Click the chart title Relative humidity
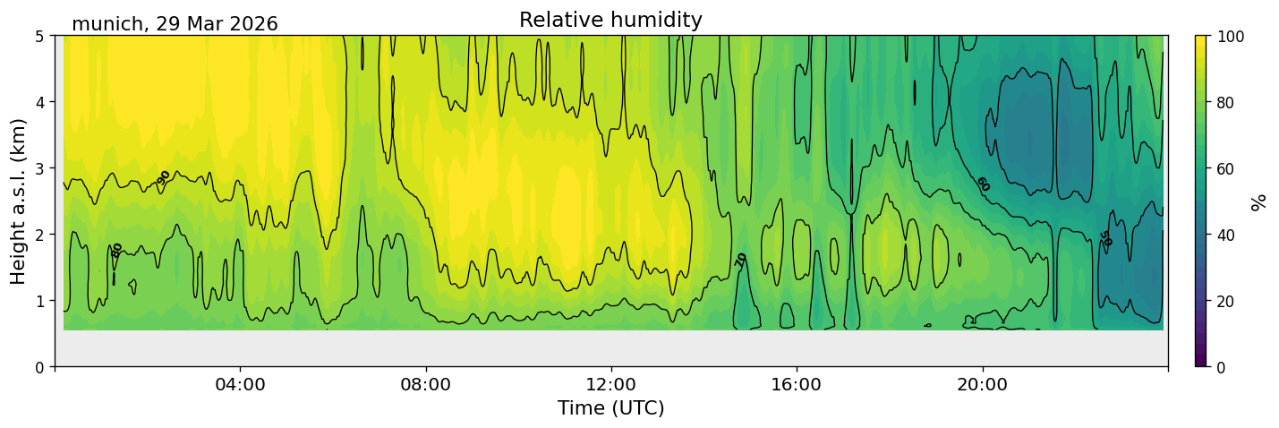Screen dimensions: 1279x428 tap(610, 20)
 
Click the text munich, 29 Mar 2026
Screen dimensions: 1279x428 tap(175, 24)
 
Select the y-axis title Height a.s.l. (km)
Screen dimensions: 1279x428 tap(18, 201)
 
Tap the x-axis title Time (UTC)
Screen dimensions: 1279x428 tap(611, 408)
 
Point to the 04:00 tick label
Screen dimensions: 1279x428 tap(241, 384)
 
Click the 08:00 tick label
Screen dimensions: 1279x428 tap(426, 384)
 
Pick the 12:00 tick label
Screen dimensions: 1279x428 tap(611, 384)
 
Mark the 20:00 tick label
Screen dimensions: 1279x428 tap(983, 384)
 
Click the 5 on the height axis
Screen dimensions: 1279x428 tap(39, 37)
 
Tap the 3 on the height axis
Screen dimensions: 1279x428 tap(39, 169)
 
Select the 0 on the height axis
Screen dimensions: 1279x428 tap(39, 368)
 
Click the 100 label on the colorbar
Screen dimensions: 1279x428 tap(1231, 37)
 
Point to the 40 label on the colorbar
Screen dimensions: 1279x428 tap(1226, 235)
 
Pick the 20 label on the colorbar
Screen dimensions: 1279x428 tap(1226, 302)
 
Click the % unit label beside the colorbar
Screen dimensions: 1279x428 tap(1258, 202)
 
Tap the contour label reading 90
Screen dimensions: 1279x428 tap(163, 177)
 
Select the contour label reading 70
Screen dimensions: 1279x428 tap(740, 261)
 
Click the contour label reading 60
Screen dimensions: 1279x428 tap(983, 184)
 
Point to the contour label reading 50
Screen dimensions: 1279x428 tap(1106, 239)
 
